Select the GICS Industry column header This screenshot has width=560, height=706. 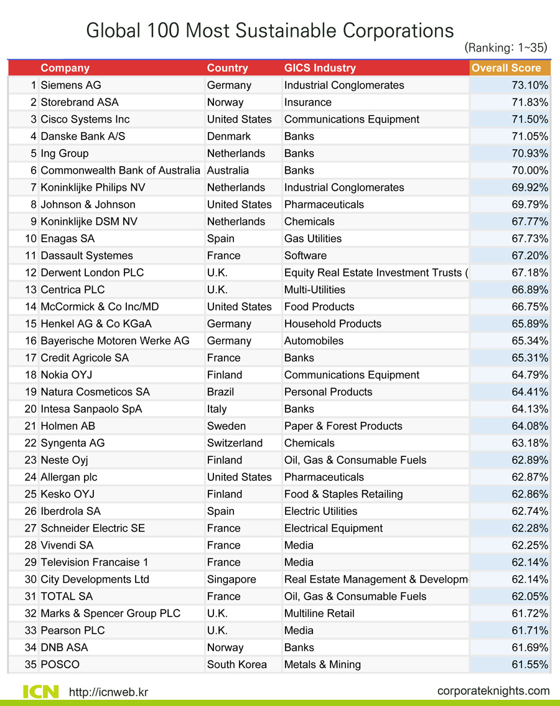click(x=320, y=68)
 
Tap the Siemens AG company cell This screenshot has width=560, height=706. click(x=70, y=85)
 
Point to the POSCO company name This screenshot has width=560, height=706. click(x=60, y=664)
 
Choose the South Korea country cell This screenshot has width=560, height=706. click(x=236, y=664)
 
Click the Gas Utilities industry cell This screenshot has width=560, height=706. click(x=312, y=238)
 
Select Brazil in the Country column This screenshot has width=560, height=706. click(x=220, y=392)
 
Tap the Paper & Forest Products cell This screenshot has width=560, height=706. click(x=343, y=426)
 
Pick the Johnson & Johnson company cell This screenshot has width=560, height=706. click(x=88, y=204)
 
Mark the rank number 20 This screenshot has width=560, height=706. click(x=30, y=409)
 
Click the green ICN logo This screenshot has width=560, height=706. click(x=41, y=691)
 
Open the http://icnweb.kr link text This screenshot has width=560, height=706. click(x=108, y=692)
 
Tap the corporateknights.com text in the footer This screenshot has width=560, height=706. click(x=493, y=690)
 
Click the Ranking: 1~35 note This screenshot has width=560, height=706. click(x=506, y=47)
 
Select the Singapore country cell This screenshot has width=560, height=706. click(x=231, y=579)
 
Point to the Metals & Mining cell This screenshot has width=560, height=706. click(x=322, y=664)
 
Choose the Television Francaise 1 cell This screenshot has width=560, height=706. click(x=94, y=562)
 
